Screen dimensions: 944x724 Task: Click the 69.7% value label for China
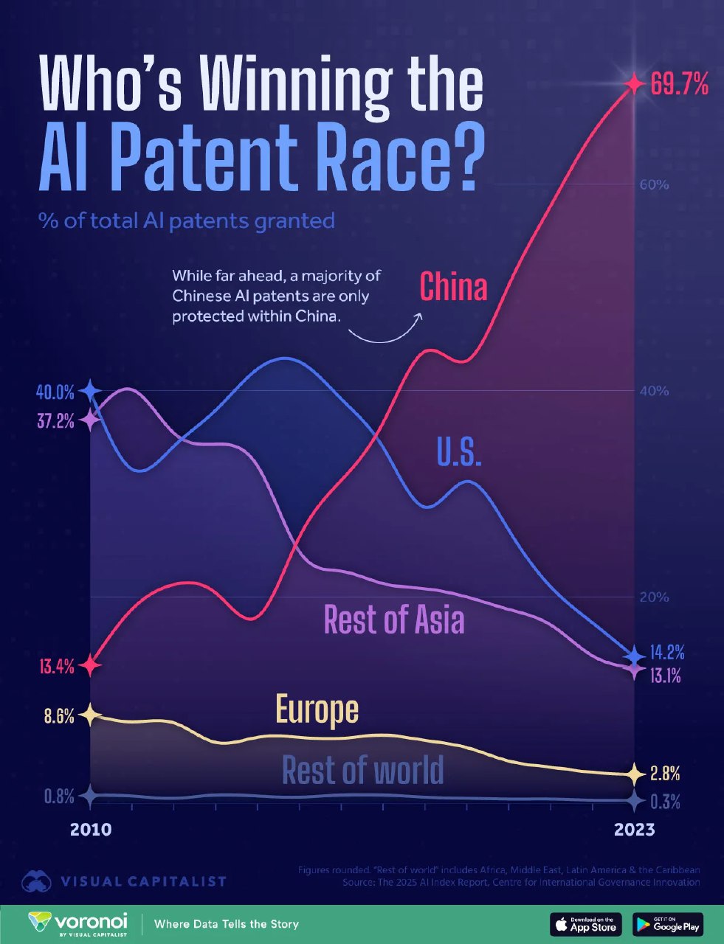[679, 86]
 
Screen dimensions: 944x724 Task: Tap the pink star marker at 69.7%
[632, 83]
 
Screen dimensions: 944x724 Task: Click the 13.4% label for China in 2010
[55, 667]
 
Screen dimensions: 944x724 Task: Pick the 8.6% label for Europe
[59, 715]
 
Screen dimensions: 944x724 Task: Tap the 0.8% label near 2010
[59, 796]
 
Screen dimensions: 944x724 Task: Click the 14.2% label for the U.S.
[666, 653]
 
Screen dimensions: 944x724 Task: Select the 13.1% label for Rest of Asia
[665, 675]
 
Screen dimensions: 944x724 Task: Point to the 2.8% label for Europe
[665, 774]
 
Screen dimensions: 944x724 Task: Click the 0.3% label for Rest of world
[665, 802]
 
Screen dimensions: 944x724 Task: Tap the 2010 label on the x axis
[91, 830]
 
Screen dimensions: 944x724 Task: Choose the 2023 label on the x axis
[634, 830]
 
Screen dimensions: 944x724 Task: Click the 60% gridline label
[654, 184]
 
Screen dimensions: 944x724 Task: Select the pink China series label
[453, 286]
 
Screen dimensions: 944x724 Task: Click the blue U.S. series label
[459, 451]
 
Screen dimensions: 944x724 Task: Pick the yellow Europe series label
[317, 709]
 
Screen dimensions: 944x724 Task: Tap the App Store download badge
[586, 923]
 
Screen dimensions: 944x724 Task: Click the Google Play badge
[668, 923]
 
